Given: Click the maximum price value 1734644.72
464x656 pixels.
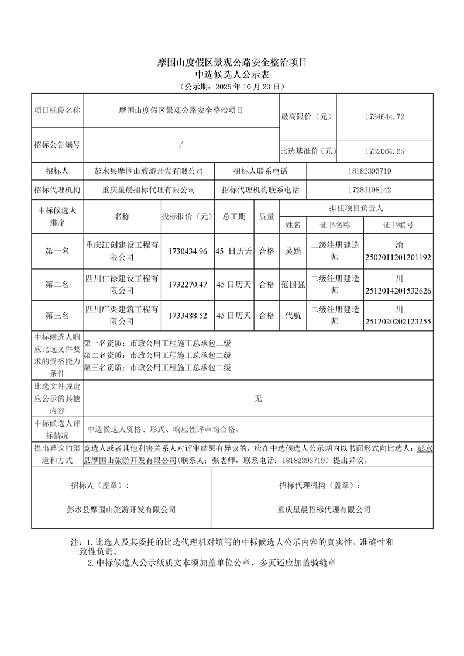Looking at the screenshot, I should point(384,117).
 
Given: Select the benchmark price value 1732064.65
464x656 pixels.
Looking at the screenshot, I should point(384,151).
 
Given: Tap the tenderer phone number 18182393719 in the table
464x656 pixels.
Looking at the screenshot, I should point(369,171).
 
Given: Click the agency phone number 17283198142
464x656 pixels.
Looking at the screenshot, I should point(369,190).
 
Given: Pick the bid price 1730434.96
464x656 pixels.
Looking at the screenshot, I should point(187,251).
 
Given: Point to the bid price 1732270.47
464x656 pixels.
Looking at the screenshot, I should point(187,284).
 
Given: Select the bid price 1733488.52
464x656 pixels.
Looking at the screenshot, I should point(187,316).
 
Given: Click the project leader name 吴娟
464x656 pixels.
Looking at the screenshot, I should point(293,251).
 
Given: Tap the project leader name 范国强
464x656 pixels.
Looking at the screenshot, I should point(293,284).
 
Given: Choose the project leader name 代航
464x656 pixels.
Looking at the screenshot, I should point(293,316).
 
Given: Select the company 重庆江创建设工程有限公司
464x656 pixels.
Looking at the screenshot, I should point(122,251).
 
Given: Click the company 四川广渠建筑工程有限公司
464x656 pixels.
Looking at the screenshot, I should point(122,316).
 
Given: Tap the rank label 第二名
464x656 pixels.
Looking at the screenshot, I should point(57,285).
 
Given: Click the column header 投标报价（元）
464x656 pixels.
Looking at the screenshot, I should point(187,216).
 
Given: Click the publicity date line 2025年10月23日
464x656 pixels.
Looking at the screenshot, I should point(232,87).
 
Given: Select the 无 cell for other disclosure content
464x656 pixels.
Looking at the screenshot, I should point(258,399).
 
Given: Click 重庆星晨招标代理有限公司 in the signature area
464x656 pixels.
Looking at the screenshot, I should point(324,510).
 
